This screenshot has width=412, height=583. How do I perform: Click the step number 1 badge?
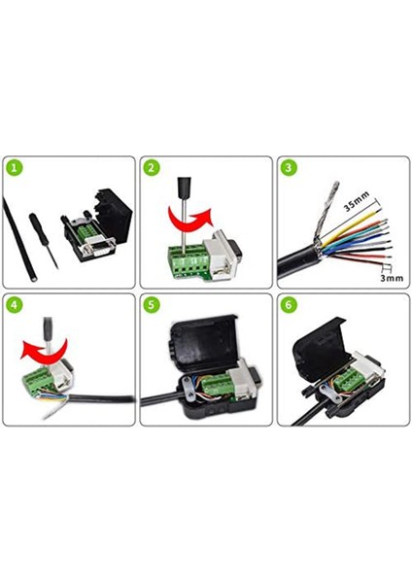pos(13,167)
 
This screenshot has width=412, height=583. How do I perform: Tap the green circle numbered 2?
pos(151,167)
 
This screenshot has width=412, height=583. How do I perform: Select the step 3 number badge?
pos(289,167)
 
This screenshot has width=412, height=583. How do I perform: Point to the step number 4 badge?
pos(13,304)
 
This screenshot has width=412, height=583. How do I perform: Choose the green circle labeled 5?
pos(151,304)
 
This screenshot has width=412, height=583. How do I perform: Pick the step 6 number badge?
pos(289,304)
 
